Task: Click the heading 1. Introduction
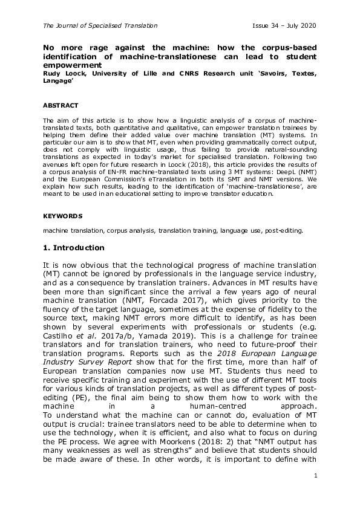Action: pyautogui.click(x=73, y=248)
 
